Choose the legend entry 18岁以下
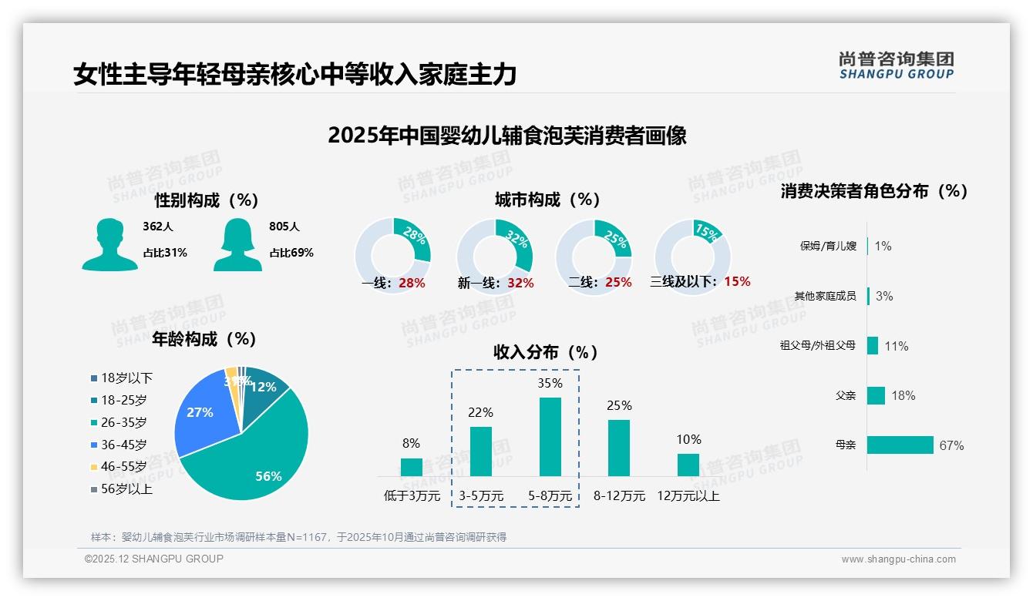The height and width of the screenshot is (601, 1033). (126, 378)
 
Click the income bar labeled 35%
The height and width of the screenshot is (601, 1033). (550, 436)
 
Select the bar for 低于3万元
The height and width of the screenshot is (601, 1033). (411, 467)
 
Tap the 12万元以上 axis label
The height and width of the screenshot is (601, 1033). (688, 496)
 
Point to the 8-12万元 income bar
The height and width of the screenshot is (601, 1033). (618, 448)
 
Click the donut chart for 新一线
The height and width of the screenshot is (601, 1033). (494, 256)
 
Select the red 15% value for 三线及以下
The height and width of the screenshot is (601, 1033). (737, 281)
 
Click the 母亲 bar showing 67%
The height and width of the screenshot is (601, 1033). (900, 445)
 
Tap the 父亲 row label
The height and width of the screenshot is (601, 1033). (846, 395)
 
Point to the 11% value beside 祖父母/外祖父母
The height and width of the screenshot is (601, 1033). (896, 346)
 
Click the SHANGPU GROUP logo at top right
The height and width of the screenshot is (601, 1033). (896, 65)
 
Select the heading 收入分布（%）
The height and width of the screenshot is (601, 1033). (546, 352)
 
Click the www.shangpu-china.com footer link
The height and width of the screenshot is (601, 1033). (898, 559)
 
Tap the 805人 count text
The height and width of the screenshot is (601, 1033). (284, 227)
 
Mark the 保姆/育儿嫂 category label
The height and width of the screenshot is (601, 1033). (828, 247)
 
